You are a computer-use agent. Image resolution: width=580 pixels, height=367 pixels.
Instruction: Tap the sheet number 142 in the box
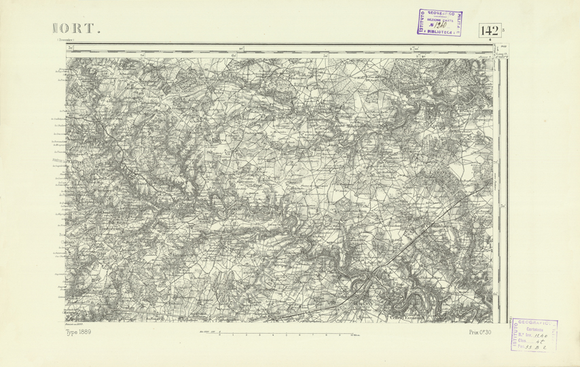point(489,31)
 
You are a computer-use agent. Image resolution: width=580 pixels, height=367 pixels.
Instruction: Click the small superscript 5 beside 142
point(503,28)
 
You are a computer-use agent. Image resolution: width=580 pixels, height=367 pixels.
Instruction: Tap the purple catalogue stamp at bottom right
point(534,334)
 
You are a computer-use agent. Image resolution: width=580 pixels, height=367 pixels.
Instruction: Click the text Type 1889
point(79,332)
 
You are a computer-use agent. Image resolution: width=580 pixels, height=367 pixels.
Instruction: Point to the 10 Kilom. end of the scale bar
point(353,334)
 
